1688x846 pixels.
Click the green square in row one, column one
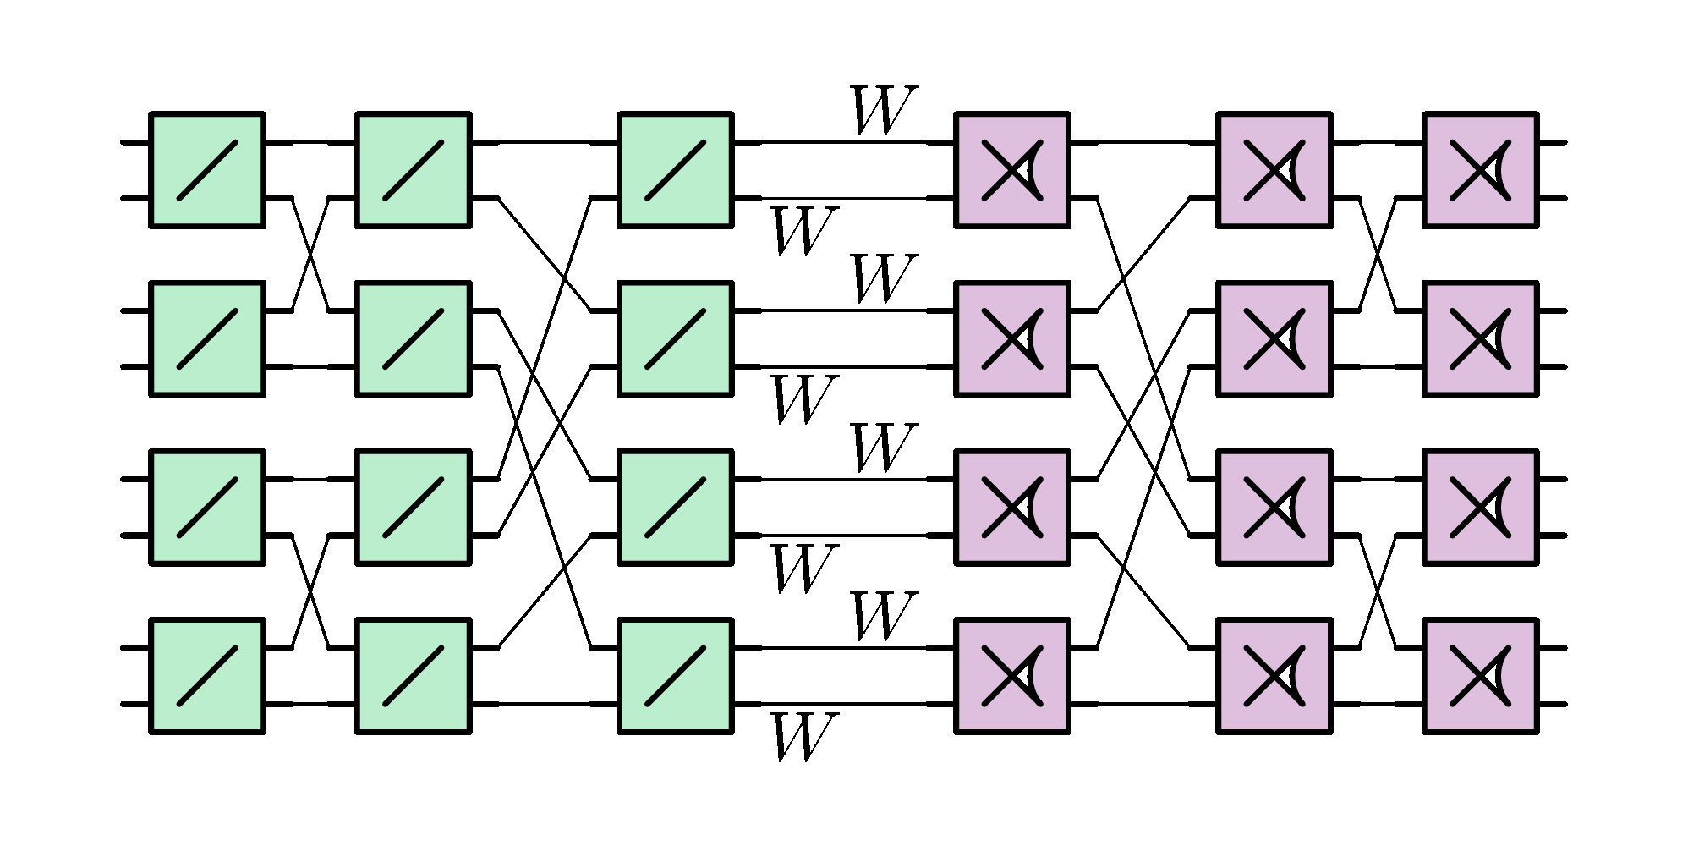point(207,170)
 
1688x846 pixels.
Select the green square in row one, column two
point(413,170)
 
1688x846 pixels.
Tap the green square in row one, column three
point(675,170)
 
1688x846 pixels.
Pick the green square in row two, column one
point(207,338)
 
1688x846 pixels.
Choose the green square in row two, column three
point(675,338)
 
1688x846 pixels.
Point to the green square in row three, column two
point(413,507)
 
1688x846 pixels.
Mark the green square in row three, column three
point(675,507)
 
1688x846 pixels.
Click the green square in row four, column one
point(207,675)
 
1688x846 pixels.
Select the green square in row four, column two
point(413,675)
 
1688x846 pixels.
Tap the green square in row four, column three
point(675,675)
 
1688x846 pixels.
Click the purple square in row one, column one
point(1011,170)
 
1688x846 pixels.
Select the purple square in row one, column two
point(1274,170)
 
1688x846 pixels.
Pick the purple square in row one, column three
point(1480,170)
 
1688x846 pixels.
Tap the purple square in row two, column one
point(1011,338)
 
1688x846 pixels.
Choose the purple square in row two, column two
point(1274,338)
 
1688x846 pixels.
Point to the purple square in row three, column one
point(1011,507)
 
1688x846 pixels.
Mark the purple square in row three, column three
point(1480,507)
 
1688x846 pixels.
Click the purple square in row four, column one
point(1011,675)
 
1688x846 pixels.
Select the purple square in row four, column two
point(1274,675)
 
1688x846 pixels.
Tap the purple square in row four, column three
point(1480,675)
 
